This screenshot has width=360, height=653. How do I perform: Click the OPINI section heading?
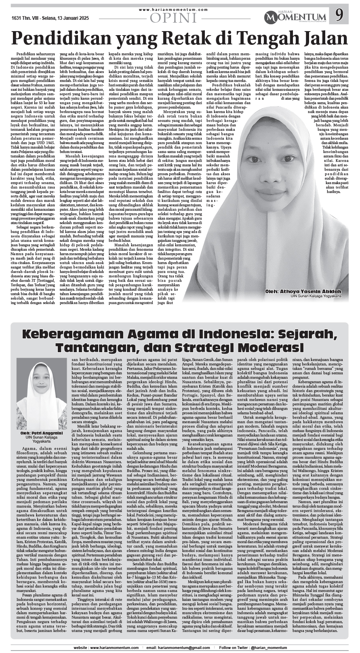coord(173,17)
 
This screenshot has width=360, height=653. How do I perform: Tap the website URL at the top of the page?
coord(174,9)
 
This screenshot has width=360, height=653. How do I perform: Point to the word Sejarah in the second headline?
coord(301,335)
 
